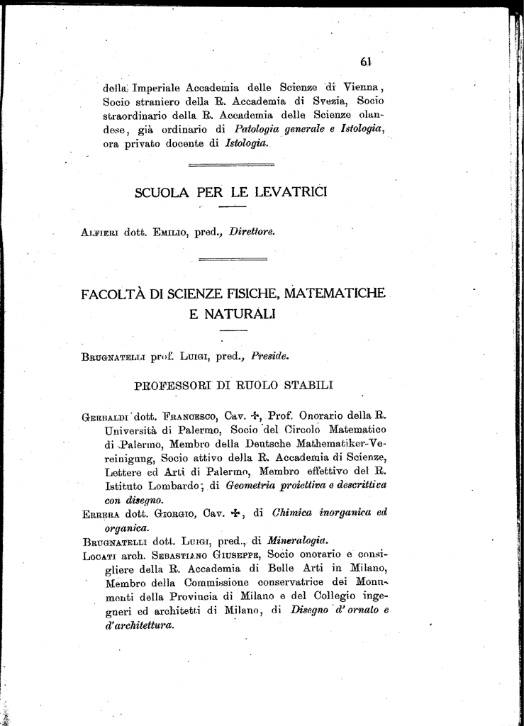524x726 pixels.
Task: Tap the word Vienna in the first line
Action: pos(362,89)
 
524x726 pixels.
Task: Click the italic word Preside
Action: pos(271,357)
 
